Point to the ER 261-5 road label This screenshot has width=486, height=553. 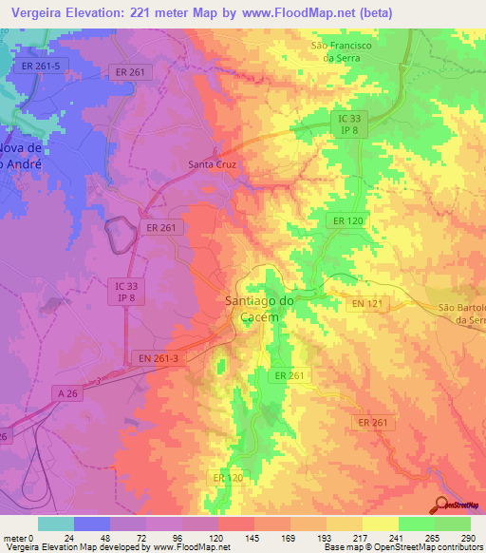click(x=41, y=66)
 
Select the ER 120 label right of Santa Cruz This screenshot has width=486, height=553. click(x=347, y=220)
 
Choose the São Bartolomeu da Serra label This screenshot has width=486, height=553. click(x=462, y=315)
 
